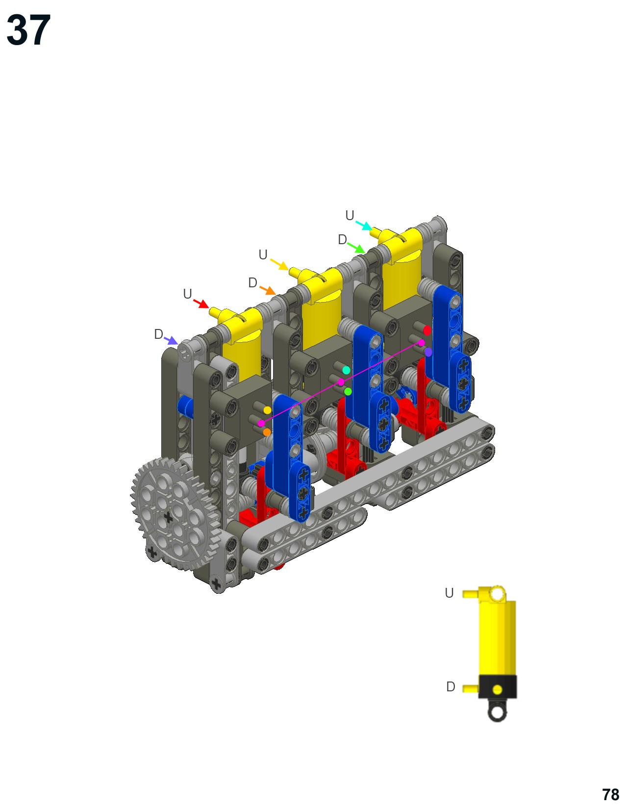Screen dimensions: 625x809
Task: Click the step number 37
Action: click(x=28, y=30)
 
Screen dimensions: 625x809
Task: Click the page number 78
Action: click(x=610, y=794)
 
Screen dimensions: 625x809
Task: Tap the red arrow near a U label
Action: click(x=201, y=303)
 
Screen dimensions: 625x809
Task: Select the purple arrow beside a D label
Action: click(x=171, y=340)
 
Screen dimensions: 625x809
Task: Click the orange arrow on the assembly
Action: click(x=268, y=290)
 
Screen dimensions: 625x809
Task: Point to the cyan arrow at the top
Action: click(x=364, y=226)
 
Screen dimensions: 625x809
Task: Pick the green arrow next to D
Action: click(x=356, y=248)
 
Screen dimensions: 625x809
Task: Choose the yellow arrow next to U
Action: click(x=279, y=264)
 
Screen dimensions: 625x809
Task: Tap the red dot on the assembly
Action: click(x=427, y=330)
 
